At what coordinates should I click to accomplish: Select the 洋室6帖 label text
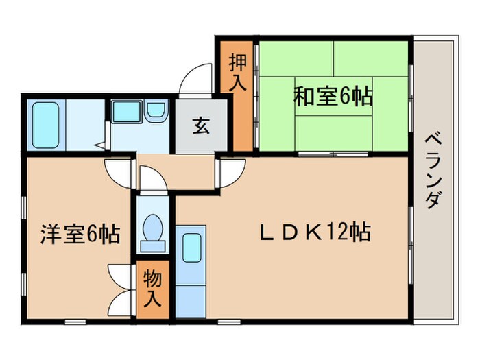click(80, 235)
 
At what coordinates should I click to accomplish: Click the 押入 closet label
click(237, 71)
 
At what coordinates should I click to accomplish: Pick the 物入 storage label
click(152, 289)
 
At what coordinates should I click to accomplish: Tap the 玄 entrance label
click(200, 126)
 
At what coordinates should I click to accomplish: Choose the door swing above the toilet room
click(152, 180)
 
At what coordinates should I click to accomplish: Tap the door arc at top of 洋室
click(119, 170)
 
